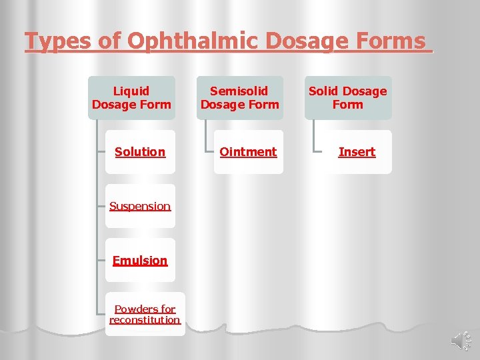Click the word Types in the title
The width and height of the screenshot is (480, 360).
pyautogui.click(x=54, y=42)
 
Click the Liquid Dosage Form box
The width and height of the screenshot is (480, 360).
pyautogui.click(x=131, y=97)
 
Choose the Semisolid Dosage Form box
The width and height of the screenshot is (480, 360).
pyautogui.click(x=240, y=97)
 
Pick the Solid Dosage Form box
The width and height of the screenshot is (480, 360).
pyautogui.click(x=348, y=97)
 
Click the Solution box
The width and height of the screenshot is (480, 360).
pyautogui.click(x=140, y=152)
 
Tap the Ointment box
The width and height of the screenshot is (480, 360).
pyautogui.click(x=248, y=152)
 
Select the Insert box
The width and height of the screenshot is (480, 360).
pyautogui.click(x=357, y=152)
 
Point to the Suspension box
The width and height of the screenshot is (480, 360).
pyautogui.click(x=140, y=206)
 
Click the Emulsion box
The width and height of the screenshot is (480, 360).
pyautogui.click(x=140, y=260)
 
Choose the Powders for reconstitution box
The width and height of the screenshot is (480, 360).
pyautogui.click(x=145, y=314)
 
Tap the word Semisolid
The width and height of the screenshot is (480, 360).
pyautogui.click(x=239, y=91)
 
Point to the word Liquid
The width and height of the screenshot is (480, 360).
pyautogui.click(x=131, y=91)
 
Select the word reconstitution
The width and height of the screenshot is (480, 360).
pyautogui.click(x=145, y=320)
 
